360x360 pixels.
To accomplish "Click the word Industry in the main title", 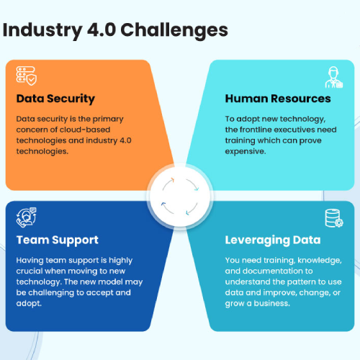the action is [42, 30].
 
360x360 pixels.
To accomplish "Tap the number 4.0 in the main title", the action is [102, 30].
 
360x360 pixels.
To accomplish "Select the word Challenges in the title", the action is [174, 30].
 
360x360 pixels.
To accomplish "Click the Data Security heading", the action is [55, 99].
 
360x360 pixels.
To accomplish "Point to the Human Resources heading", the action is [278, 99].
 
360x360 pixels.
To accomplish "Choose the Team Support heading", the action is [58, 240].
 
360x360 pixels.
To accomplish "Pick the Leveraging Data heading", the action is [273, 240].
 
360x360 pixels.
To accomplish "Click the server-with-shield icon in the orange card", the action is [27, 76].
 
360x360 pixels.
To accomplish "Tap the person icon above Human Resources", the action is [334, 77].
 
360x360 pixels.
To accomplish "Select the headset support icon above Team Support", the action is [27, 217].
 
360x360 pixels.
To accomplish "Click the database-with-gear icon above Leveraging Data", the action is [334, 218].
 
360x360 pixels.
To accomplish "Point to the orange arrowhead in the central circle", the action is [172, 180].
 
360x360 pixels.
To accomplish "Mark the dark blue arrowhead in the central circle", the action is [163, 204].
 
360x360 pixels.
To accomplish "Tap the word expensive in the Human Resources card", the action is [246, 151].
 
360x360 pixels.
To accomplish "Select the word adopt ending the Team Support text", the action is [29, 303].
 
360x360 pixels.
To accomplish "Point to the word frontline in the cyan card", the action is [256, 130].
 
